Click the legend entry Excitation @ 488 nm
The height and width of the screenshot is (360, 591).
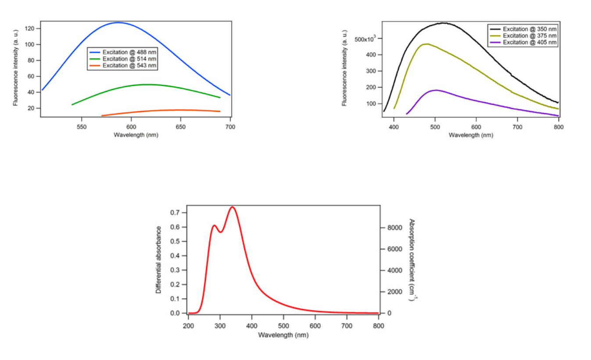(x=123, y=52)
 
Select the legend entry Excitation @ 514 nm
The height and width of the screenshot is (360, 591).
(x=123, y=59)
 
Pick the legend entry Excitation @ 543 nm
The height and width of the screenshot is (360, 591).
(x=123, y=65)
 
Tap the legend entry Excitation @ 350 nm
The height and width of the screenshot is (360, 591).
(x=523, y=29)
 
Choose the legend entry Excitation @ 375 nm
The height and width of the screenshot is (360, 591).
(x=523, y=36)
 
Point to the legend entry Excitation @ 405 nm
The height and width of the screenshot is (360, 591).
(x=523, y=42)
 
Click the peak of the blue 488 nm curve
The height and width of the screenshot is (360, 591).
(x=118, y=22)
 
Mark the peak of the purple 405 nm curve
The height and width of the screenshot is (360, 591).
(x=436, y=90)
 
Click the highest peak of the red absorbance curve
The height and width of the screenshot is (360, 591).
(x=232, y=207)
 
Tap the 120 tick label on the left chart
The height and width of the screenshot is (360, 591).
(x=29, y=29)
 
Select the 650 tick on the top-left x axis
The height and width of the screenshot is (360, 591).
(x=180, y=127)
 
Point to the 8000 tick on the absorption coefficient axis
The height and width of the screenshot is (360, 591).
(x=395, y=228)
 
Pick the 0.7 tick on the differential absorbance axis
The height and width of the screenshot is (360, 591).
(x=175, y=213)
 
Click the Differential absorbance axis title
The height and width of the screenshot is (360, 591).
(x=158, y=260)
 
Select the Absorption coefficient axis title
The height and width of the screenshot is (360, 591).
(x=412, y=260)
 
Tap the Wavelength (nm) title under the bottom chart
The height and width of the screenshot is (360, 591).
(x=283, y=335)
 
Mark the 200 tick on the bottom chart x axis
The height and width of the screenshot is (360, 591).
(x=188, y=326)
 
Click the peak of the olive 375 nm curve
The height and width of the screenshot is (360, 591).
(x=427, y=44)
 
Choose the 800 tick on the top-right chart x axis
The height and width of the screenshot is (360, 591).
(x=559, y=127)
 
